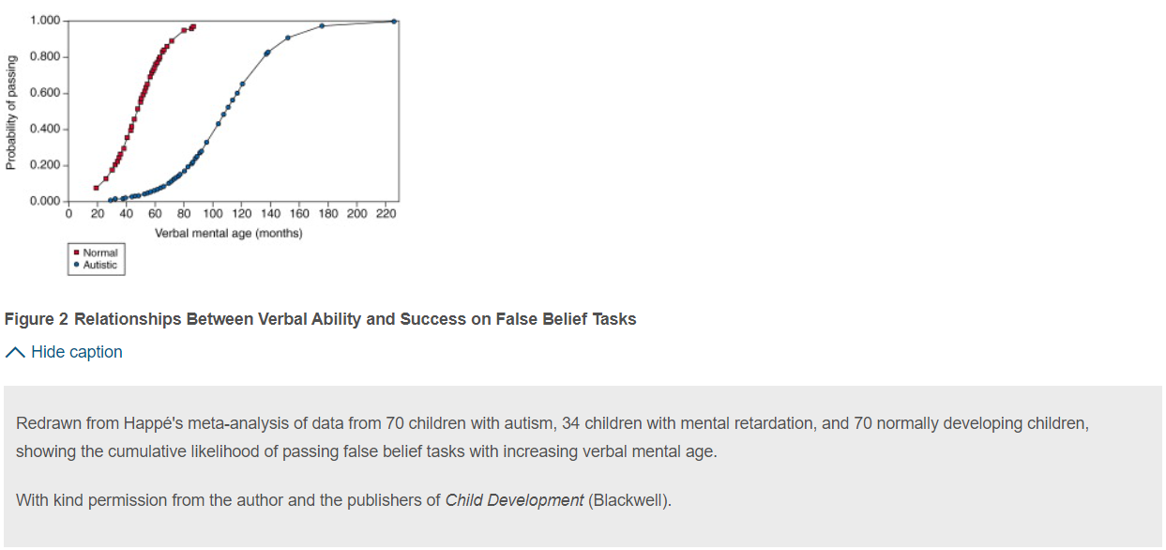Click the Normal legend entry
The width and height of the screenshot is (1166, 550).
(96, 252)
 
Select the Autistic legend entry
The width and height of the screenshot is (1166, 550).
(96, 265)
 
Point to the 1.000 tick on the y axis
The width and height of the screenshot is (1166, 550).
(45, 21)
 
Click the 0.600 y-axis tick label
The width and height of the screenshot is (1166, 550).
(45, 93)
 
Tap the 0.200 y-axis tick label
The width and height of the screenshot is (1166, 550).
(45, 165)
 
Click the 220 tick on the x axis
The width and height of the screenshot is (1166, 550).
(386, 214)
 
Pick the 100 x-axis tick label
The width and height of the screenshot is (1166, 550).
(212, 214)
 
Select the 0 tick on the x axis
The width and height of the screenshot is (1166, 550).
(68, 214)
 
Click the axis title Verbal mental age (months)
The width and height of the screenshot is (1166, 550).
(229, 233)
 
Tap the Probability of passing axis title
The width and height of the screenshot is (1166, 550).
(11, 113)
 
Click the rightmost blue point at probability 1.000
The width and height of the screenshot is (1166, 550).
(394, 22)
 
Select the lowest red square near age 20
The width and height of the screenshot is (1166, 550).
(96, 188)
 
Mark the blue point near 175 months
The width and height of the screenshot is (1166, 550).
(322, 25)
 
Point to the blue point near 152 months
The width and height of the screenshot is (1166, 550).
(288, 38)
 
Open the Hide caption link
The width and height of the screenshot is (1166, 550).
(77, 352)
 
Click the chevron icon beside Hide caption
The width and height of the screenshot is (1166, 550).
(15, 353)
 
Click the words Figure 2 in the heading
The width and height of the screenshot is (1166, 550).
(36, 319)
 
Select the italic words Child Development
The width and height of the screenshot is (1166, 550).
(514, 500)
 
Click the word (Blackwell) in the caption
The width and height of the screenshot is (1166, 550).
(629, 500)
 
